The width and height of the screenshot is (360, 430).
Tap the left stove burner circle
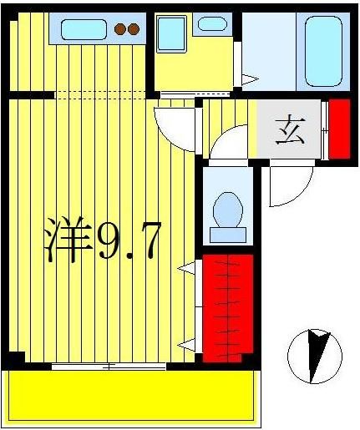click(x=120, y=30)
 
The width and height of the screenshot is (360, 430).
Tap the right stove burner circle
click(x=133, y=30)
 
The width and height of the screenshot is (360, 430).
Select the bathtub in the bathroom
click(x=323, y=50)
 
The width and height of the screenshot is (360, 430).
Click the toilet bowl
click(x=226, y=210)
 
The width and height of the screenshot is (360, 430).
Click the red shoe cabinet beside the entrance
click(x=339, y=129)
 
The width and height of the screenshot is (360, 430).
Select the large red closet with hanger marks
click(x=227, y=304)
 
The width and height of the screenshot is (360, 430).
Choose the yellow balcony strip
click(x=131, y=396)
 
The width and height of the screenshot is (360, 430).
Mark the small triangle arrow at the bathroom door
click(x=248, y=79)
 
